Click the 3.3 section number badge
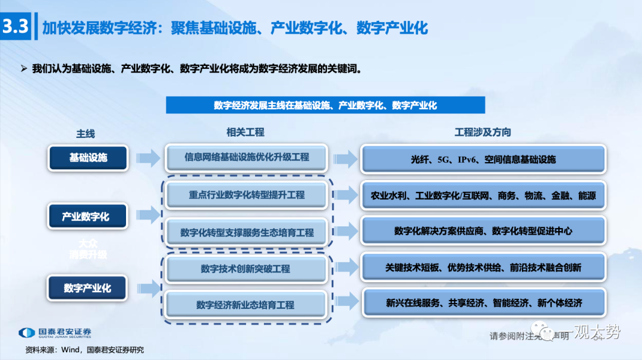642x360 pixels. [15, 27]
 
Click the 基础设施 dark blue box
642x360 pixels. [88, 158]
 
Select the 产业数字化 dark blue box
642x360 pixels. [86, 217]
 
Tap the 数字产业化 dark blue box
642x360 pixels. [87, 288]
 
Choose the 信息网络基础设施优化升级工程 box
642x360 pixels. [247, 157]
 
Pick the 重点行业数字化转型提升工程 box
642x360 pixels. [247, 195]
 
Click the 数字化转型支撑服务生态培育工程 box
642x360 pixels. [247, 232]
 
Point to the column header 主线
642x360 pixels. [85, 134]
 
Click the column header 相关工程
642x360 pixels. [245, 132]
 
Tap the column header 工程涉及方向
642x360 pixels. [482, 132]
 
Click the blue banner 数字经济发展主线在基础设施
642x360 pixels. [325, 105]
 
